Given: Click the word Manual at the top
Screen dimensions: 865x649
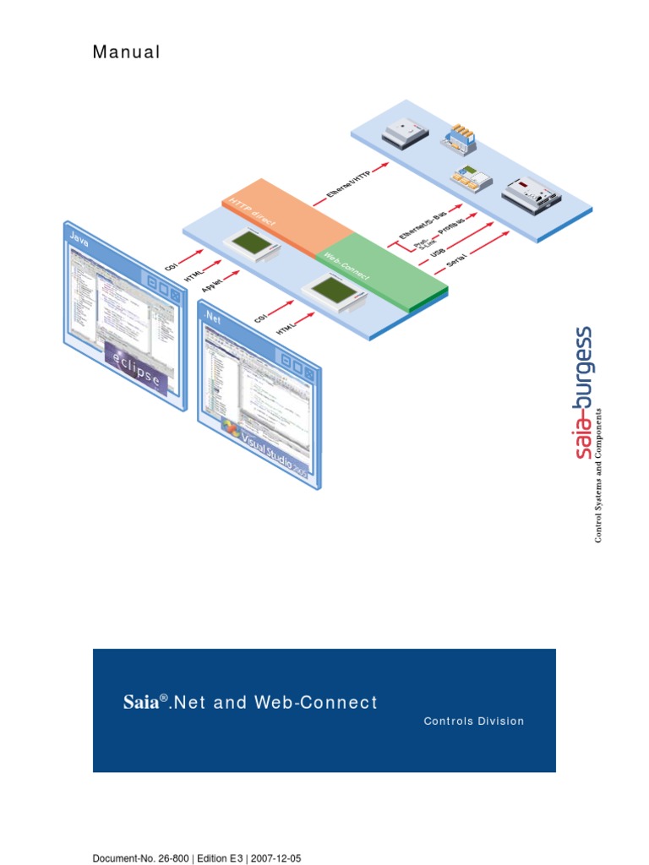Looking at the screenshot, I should tap(126, 52).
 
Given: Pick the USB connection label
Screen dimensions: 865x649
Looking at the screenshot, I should tap(439, 253).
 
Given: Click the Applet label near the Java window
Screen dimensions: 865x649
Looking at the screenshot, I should tap(213, 284).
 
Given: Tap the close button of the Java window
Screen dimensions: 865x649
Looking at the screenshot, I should tap(175, 294).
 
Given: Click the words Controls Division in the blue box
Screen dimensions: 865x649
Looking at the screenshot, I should tap(474, 721).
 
